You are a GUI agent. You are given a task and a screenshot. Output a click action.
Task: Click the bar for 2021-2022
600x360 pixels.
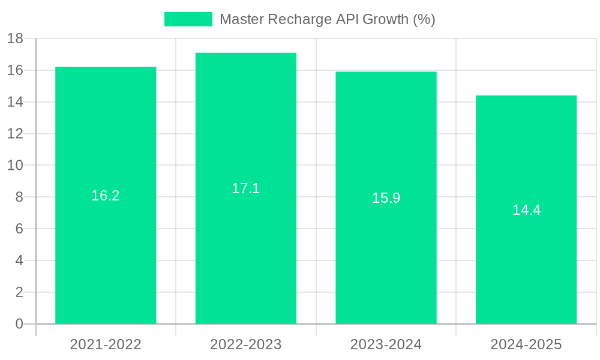[106, 252]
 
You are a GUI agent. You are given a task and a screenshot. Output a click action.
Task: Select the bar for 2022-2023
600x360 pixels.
[246, 252]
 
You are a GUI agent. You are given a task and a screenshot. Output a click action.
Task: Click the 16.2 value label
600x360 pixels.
[106, 196]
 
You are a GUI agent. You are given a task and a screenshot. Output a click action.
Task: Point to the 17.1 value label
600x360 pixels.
[246, 188]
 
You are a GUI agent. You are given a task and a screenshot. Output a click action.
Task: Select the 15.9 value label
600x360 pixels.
[386, 198]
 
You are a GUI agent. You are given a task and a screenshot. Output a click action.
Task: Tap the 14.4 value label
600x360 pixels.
[526, 210]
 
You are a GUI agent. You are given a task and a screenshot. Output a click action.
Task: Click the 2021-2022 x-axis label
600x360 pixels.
[106, 344]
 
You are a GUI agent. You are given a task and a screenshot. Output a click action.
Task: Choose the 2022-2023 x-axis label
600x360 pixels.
[246, 344]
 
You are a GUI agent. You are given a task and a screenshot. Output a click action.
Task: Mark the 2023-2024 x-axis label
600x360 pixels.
[386, 344]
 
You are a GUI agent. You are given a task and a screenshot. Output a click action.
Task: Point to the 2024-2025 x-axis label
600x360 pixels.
[526, 344]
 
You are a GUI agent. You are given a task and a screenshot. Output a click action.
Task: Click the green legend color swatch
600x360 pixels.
[188, 19]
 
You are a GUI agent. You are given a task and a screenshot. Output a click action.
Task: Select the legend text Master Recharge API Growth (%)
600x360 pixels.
[327, 19]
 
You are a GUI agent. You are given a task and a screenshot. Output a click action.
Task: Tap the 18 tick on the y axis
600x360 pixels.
[15, 39]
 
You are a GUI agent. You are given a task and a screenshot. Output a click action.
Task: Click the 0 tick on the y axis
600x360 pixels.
[19, 324]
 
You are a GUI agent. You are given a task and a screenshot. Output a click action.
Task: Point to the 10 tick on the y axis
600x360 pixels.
[15, 166]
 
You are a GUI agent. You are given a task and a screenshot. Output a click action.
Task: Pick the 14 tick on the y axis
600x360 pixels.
[15, 102]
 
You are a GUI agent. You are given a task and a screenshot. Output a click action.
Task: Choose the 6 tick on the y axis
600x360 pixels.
[19, 229]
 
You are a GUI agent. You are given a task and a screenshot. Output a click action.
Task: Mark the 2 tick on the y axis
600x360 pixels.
[19, 292]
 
